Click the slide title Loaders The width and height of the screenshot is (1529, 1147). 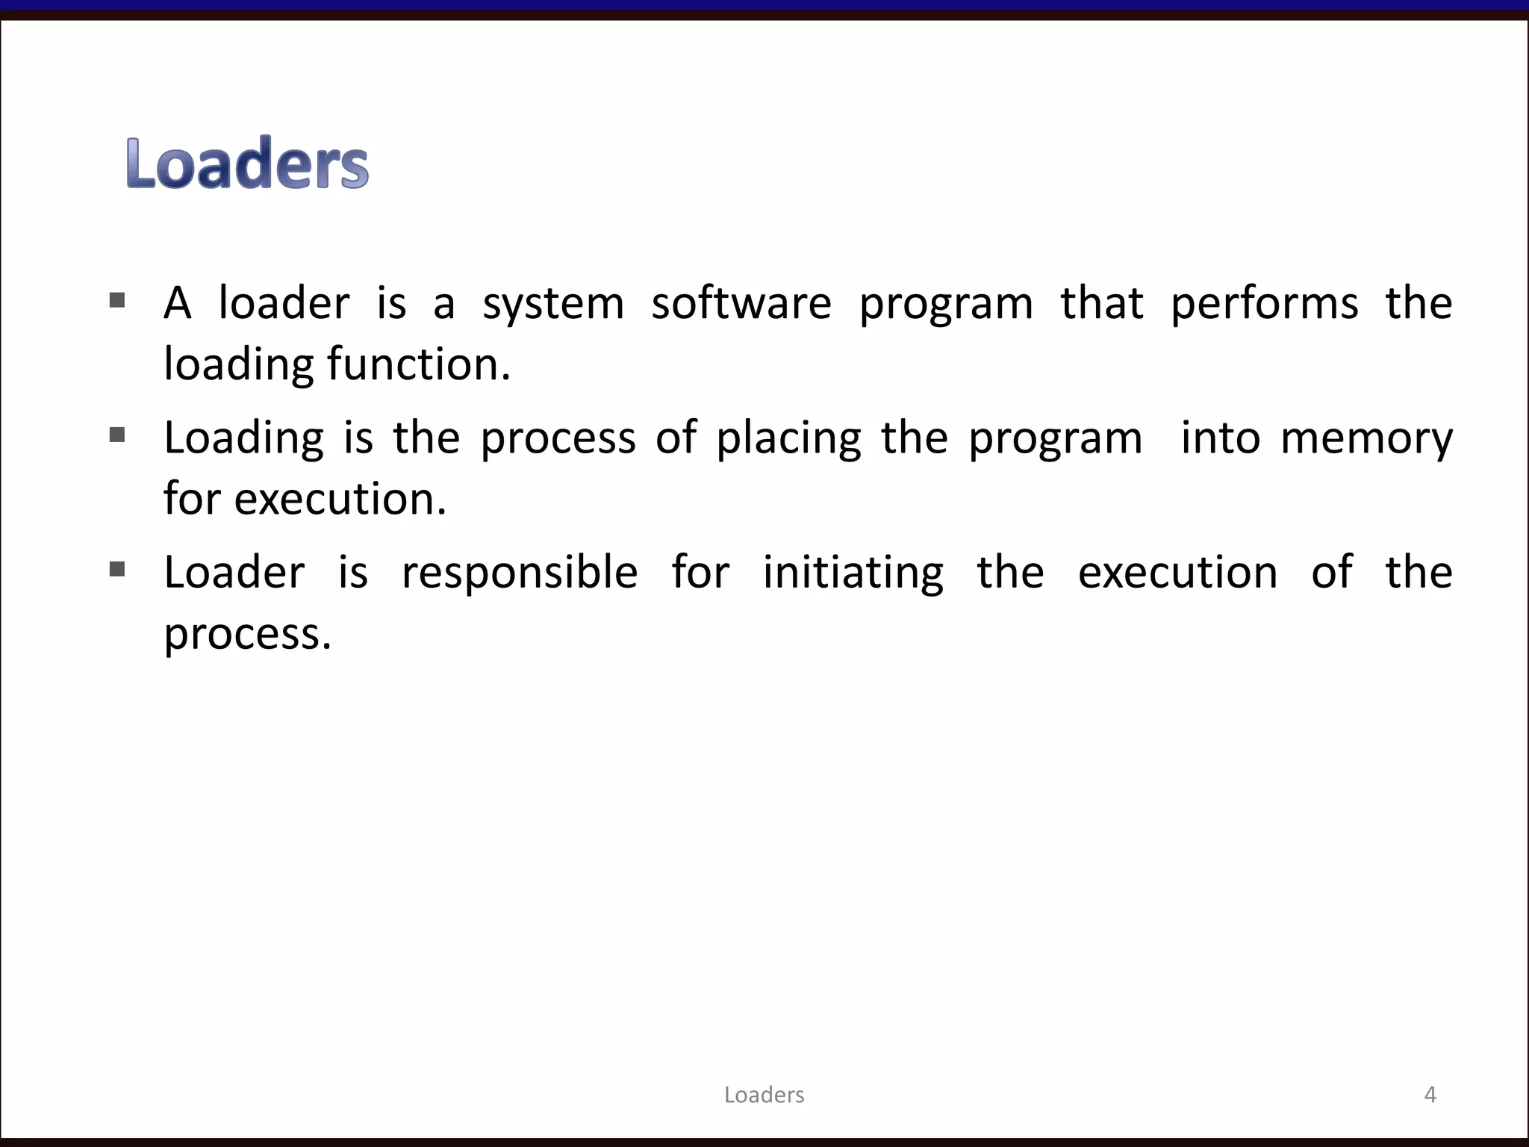point(247,163)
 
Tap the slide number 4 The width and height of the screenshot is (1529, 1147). point(1430,1095)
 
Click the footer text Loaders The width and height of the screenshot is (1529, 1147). point(764,1095)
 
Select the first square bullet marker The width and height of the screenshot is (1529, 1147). point(117,300)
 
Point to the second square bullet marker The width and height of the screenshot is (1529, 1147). point(117,435)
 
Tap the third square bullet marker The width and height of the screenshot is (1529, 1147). point(117,570)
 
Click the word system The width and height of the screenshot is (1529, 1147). point(553,305)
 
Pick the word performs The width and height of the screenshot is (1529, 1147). point(1264,305)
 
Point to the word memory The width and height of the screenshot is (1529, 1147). point(1366,439)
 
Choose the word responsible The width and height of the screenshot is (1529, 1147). point(520,573)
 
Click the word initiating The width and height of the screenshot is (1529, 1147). point(853,573)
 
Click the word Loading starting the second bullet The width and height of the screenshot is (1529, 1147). point(243,439)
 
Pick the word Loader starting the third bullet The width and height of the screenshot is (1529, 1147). point(234,573)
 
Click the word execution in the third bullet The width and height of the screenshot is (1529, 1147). point(1177,573)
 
